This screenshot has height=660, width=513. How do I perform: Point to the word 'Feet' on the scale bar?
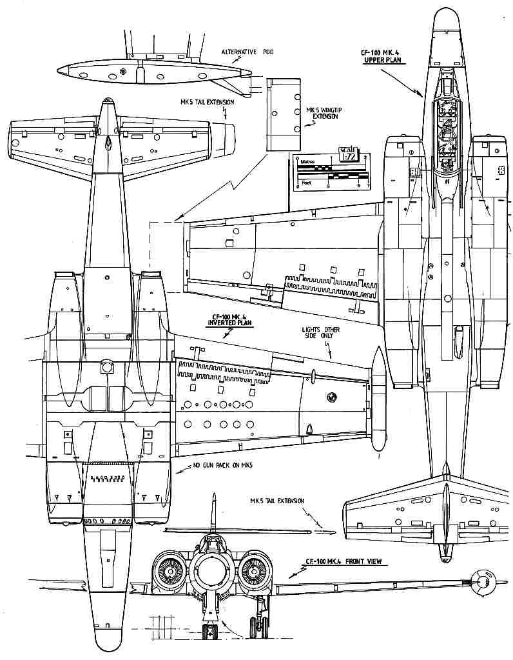[x=307, y=183]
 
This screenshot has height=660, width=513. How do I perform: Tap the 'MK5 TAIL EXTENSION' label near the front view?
[x=277, y=501]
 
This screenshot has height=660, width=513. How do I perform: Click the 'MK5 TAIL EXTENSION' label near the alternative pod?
[x=208, y=102]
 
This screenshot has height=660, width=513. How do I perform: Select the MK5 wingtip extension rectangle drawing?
[x=284, y=114]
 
